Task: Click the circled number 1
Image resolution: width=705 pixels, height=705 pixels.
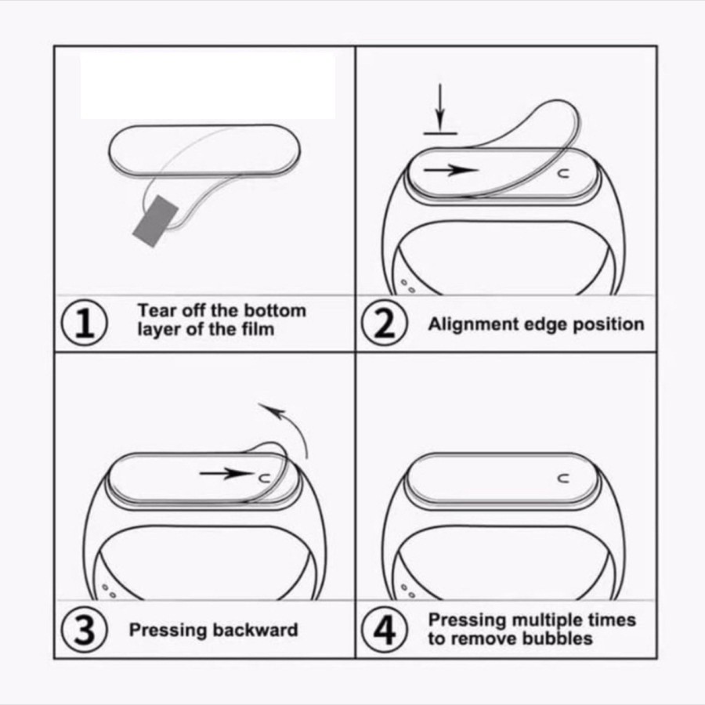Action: pyautogui.click(x=84, y=324)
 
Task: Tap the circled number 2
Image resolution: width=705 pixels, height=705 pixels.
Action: pyautogui.click(x=385, y=324)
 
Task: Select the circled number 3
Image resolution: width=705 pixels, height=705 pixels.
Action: pyautogui.click(x=84, y=630)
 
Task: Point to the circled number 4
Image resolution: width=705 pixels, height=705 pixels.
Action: pyautogui.click(x=385, y=630)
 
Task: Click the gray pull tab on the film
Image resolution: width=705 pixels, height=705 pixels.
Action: pyautogui.click(x=156, y=221)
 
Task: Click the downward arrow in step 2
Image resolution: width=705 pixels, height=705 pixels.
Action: pyautogui.click(x=440, y=107)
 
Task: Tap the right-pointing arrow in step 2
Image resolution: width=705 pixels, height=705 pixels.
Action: pyautogui.click(x=451, y=170)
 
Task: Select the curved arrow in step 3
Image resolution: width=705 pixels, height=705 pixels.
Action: pyautogui.click(x=287, y=425)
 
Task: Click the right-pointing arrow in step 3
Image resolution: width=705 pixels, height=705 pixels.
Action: pyautogui.click(x=226, y=473)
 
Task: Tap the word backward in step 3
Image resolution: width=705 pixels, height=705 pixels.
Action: pyautogui.click(x=255, y=630)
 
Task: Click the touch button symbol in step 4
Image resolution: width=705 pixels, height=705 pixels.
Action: pyautogui.click(x=563, y=479)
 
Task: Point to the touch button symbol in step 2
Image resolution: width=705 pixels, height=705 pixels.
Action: pyautogui.click(x=563, y=173)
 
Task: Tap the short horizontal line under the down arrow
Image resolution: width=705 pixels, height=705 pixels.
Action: pyautogui.click(x=440, y=133)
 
